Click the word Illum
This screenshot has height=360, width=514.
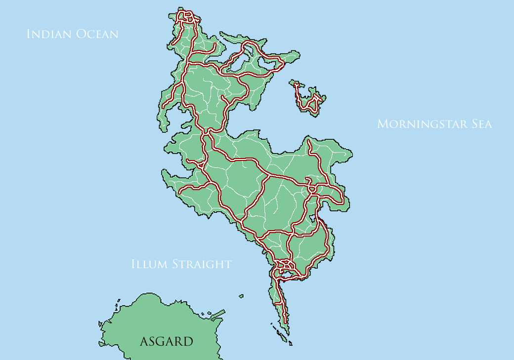[x=149, y=264]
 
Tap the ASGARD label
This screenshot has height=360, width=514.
[x=166, y=341]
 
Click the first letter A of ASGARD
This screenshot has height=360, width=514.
[x=144, y=341]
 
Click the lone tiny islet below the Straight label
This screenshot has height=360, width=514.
[x=241, y=296]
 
